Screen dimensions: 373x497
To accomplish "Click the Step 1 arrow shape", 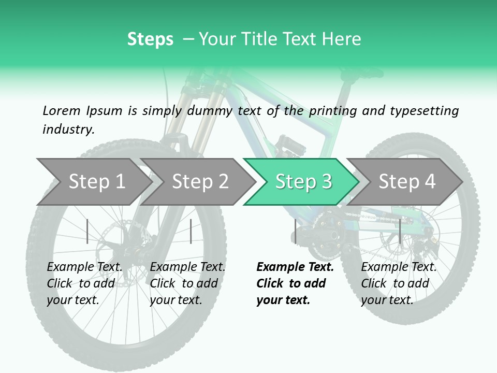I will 93,181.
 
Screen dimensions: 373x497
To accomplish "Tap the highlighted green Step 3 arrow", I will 303,181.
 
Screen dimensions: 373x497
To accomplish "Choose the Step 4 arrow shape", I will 406,181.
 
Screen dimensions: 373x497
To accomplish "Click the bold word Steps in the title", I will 150,39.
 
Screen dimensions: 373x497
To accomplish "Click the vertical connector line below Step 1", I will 87,231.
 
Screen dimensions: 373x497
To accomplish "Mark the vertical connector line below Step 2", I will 191,231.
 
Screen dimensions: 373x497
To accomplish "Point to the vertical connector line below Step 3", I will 295,231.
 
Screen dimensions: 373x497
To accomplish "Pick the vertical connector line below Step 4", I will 400,231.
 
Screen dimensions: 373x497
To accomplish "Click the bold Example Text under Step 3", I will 295,267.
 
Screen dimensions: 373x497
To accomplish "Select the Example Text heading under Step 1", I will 84,267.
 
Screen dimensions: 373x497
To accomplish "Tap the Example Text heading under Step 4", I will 399,267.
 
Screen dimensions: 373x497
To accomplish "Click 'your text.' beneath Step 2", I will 176,300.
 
